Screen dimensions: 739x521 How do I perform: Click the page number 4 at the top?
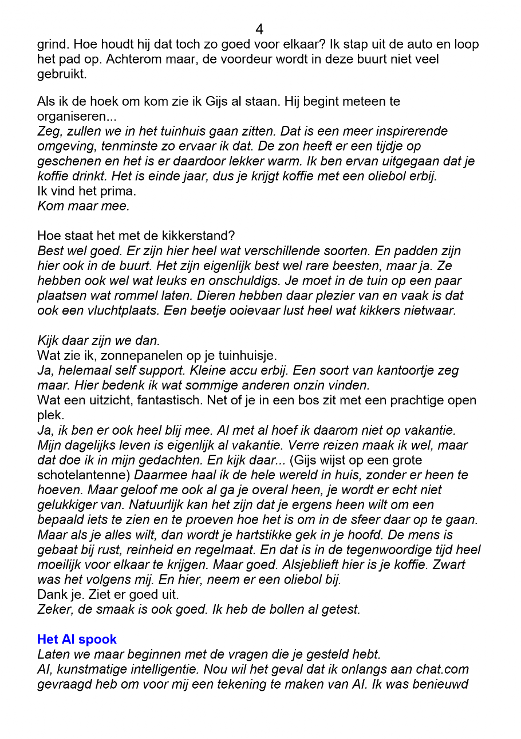click(259, 29)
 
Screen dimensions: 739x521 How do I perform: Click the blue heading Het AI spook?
click(77, 639)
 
